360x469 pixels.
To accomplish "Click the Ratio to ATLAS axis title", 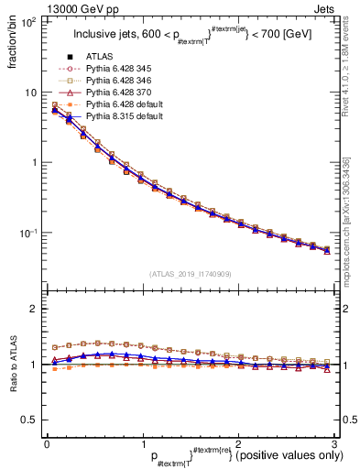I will click(12, 365).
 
